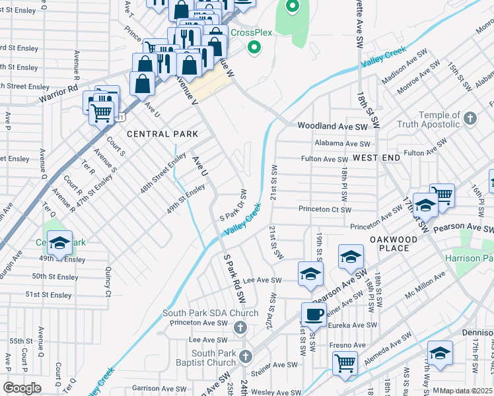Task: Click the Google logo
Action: pos(22,388)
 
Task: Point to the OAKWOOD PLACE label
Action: pos(394,244)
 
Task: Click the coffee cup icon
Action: pos(314,314)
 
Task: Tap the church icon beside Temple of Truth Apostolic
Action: pos(470,119)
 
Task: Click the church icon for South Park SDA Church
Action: pos(240,327)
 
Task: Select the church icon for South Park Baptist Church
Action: pos(245,357)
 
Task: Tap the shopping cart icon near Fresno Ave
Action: pos(345,362)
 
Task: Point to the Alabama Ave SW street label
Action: pos(343,143)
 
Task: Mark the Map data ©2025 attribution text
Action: pos(466,391)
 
